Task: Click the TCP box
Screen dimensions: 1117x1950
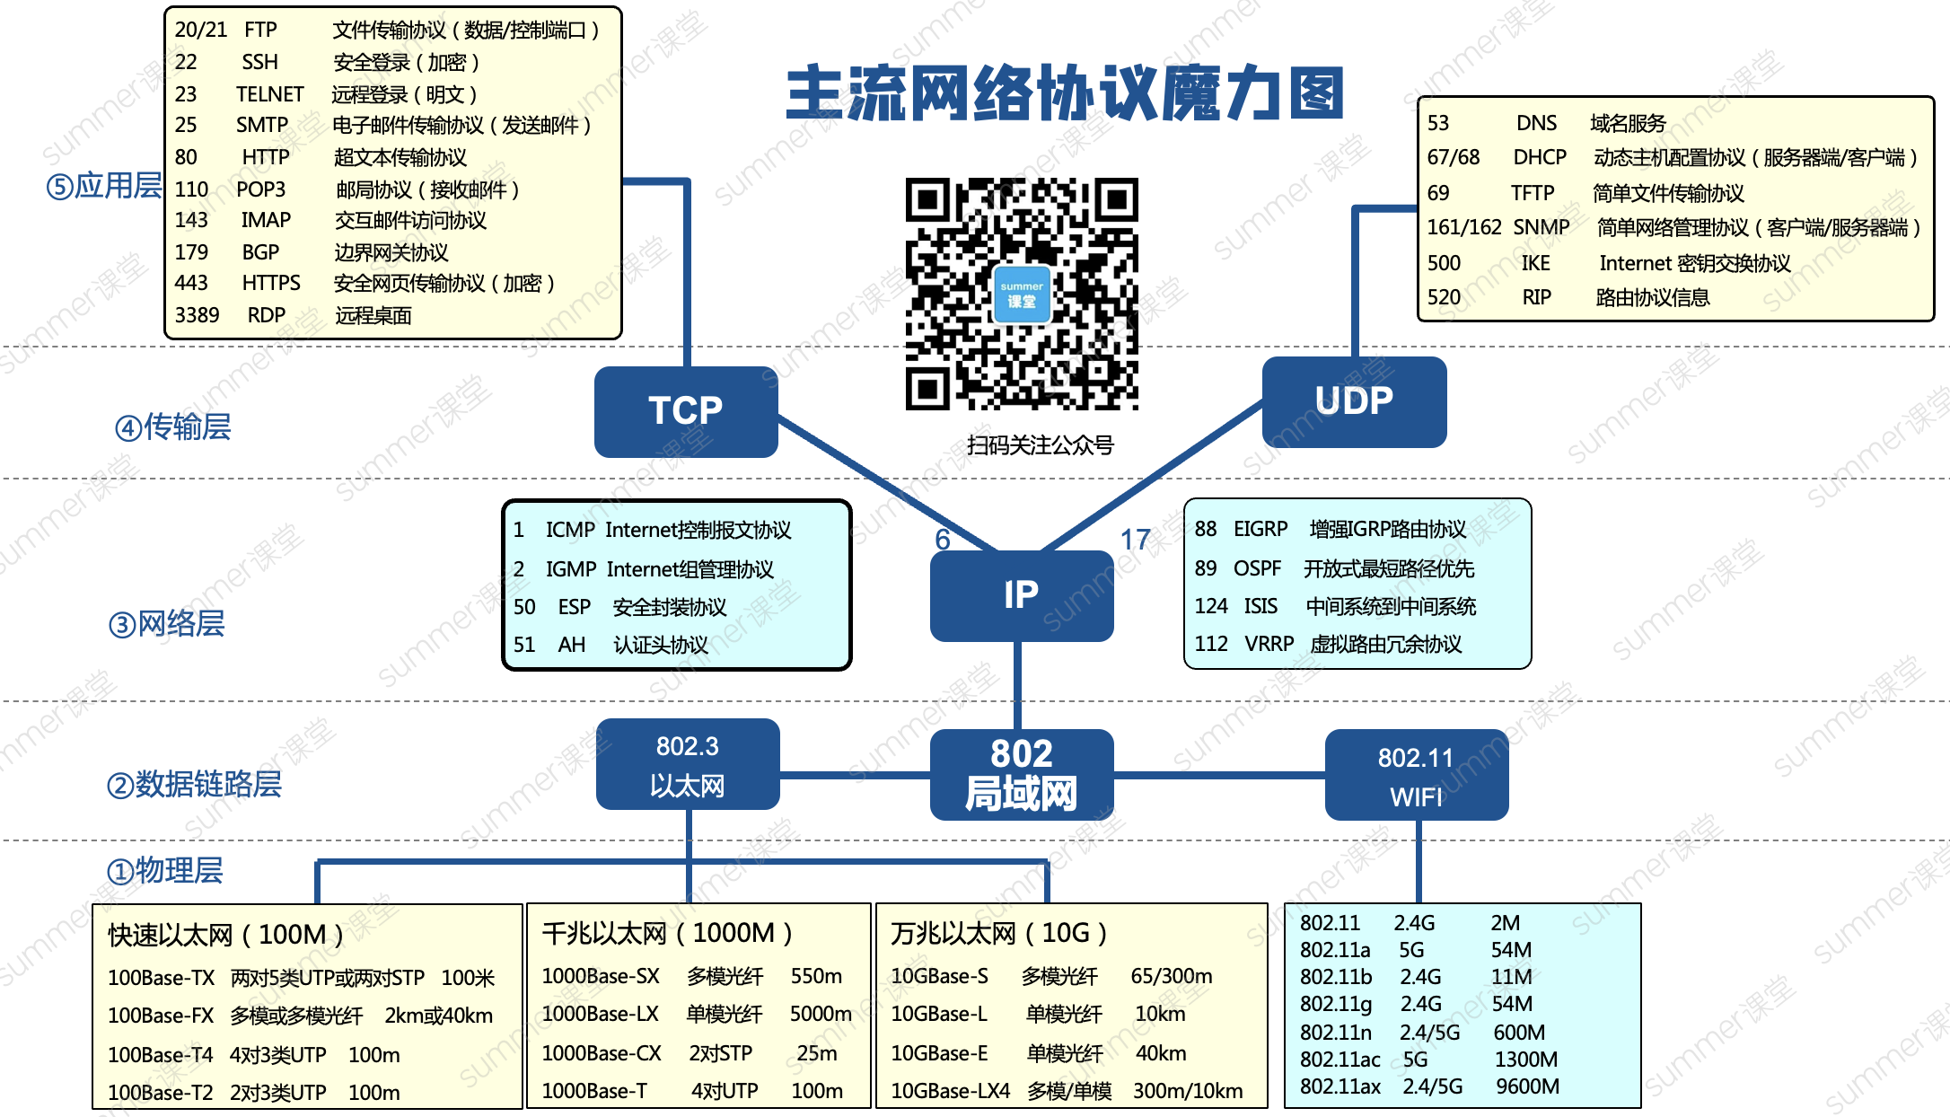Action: pyautogui.click(x=686, y=411)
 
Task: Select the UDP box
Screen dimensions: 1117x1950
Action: pyautogui.click(x=1354, y=401)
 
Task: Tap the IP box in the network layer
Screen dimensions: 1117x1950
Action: pyautogui.click(x=1021, y=595)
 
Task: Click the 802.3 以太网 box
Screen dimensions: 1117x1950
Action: pyautogui.click(x=688, y=765)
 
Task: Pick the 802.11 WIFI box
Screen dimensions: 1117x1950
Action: pyautogui.click(x=1416, y=776)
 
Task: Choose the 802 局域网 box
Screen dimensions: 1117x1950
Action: pyautogui.click(x=1021, y=775)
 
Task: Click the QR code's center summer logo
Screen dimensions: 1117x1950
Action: pyautogui.click(x=1022, y=294)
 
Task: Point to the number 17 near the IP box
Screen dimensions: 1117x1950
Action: pyautogui.click(x=1135, y=540)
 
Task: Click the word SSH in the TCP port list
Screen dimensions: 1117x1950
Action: pyautogui.click(x=259, y=62)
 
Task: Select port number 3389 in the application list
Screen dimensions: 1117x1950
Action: pyautogui.click(x=197, y=315)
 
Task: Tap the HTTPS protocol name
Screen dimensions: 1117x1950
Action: pyautogui.click(x=271, y=283)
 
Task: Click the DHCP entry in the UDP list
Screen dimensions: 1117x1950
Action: pyautogui.click(x=1540, y=158)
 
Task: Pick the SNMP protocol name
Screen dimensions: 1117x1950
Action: pyautogui.click(x=1542, y=227)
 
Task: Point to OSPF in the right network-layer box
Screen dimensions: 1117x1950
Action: pyautogui.click(x=1257, y=568)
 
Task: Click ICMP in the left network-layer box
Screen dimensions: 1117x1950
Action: pyautogui.click(x=570, y=530)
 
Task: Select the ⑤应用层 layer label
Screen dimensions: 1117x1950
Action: pyautogui.click(x=104, y=186)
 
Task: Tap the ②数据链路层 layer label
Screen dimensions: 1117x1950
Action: pyautogui.click(x=194, y=784)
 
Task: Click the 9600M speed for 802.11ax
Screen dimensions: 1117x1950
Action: pyautogui.click(x=1527, y=1086)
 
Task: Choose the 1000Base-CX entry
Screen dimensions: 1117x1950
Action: pyautogui.click(x=602, y=1053)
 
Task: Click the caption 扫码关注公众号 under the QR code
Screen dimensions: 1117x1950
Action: pyautogui.click(x=1040, y=444)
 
